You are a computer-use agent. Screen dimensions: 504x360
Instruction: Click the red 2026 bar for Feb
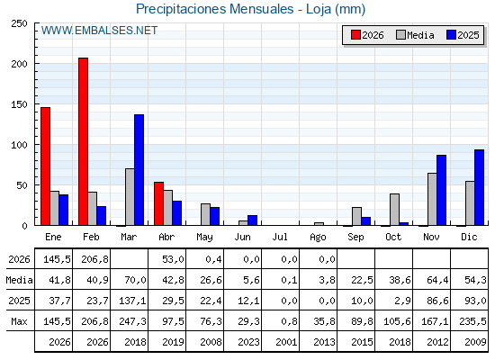[x=83, y=141]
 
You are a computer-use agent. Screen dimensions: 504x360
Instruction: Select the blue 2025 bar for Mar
[x=139, y=170]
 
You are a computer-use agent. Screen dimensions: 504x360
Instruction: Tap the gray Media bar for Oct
[x=395, y=210]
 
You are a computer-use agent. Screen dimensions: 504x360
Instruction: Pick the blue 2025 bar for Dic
[x=479, y=187]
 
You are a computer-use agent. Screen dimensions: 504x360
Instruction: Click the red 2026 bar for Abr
[x=158, y=203]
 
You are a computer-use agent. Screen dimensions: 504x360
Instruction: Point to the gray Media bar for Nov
[x=432, y=199]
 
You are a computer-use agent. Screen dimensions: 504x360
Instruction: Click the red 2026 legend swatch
[x=355, y=35]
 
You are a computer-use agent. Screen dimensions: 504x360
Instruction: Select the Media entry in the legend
[x=415, y=35]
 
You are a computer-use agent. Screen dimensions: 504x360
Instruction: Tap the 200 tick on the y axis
[x=19, y=64]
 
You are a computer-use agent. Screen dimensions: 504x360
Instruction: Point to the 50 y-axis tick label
[x=22, y=185]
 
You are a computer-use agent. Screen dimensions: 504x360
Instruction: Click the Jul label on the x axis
[x=280, y=237]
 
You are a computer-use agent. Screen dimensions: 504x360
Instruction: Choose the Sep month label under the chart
[x=355, y=238]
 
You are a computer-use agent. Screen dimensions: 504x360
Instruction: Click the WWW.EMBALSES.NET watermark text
[x=99, y=31]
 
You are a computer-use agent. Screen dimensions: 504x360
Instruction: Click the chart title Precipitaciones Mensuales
[x=214, y=9]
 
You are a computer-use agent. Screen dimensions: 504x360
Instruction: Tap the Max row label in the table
[x=19, y=321]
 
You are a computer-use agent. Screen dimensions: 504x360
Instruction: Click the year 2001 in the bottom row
[x=286, y=342]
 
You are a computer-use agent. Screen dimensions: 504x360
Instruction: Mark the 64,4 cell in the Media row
[x=437, y=280]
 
